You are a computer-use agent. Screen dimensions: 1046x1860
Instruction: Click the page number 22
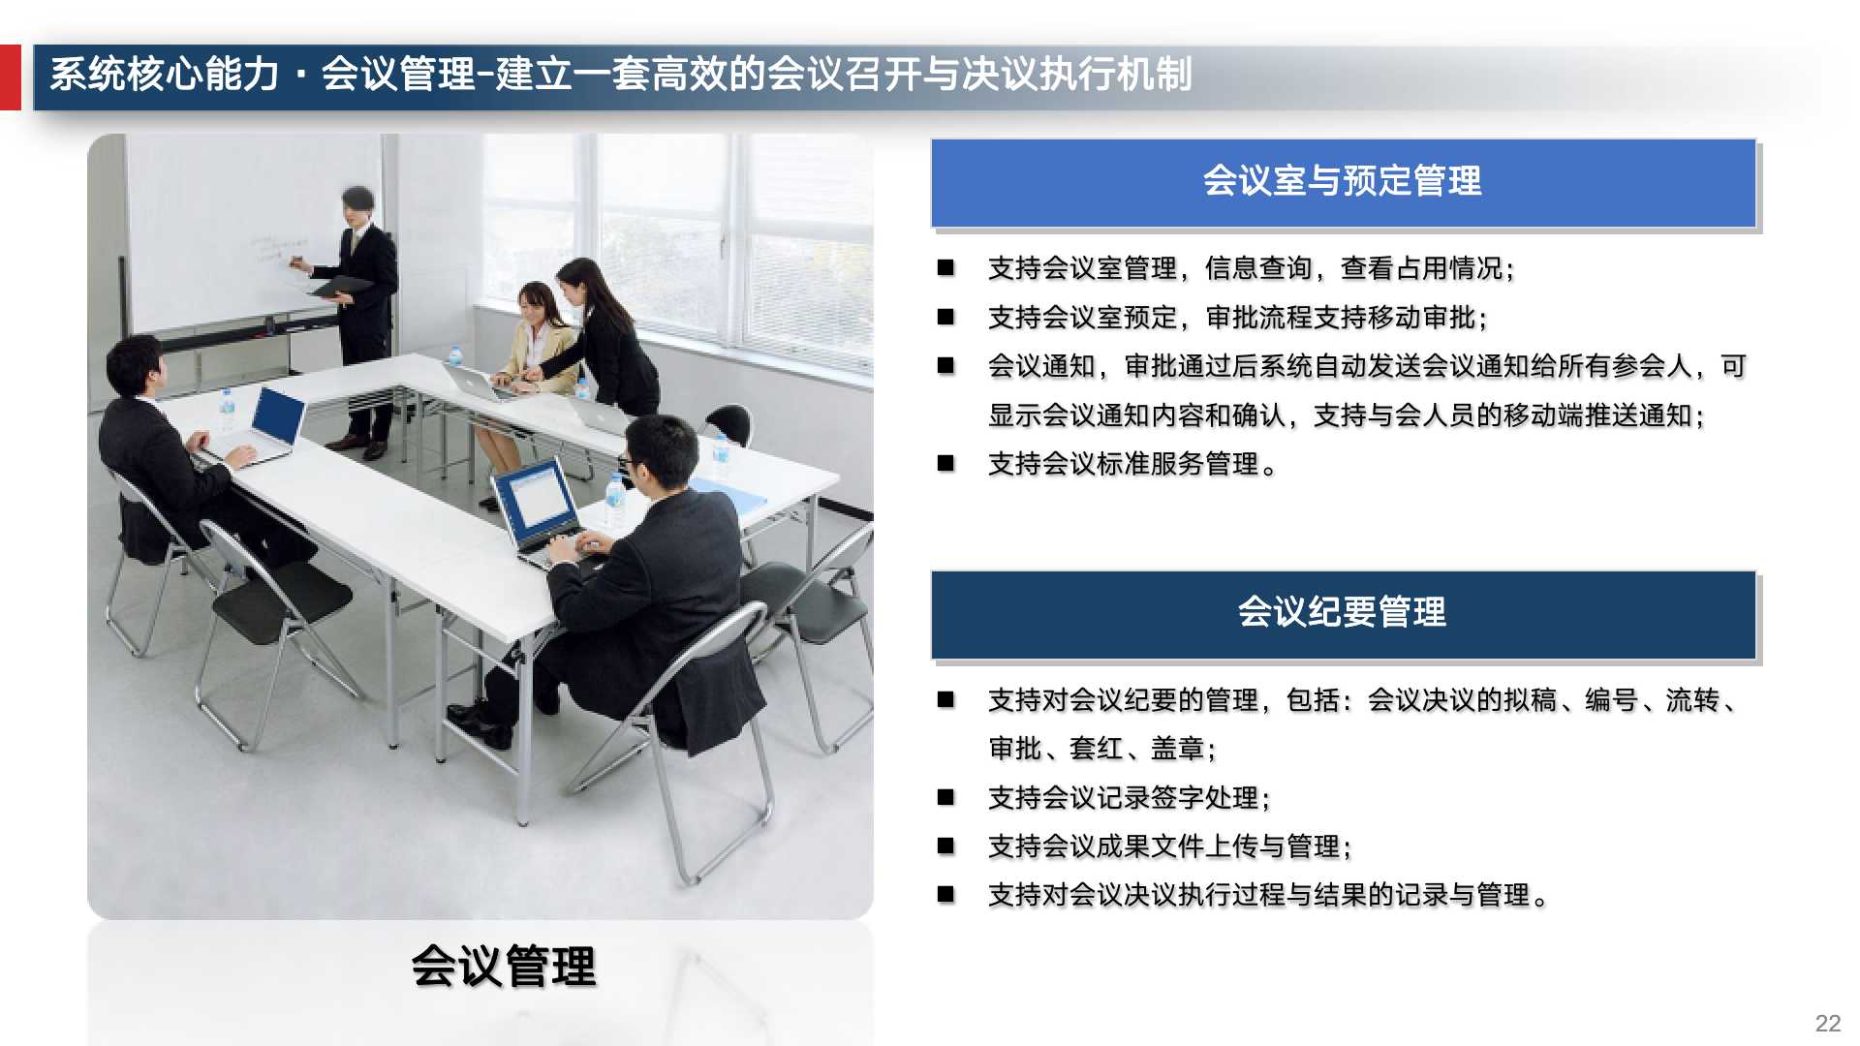(1827, 1024)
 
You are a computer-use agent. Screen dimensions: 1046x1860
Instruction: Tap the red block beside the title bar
(10, 77)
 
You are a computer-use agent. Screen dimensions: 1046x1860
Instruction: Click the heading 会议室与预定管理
(1342, 181)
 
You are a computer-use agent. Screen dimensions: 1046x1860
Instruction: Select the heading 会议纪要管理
(1342, 613)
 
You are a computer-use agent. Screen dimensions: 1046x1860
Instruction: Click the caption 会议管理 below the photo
(503, 967)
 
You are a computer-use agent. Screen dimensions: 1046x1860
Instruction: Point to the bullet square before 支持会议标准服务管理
(945, 464)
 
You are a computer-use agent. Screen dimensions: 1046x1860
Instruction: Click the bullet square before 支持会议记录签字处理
(945, 797)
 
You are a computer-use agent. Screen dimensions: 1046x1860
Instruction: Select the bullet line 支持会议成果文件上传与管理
(1168, 846)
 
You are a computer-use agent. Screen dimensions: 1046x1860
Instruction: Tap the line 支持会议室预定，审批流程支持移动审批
(1236, 318)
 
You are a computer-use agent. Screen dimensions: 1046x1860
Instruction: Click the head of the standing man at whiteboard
(358, 204)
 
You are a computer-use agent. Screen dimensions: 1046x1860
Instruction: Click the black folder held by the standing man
(338, 288)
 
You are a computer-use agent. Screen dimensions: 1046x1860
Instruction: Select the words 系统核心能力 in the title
(165, 75)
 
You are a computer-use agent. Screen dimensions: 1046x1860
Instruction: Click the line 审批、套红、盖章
(1101, 749)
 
